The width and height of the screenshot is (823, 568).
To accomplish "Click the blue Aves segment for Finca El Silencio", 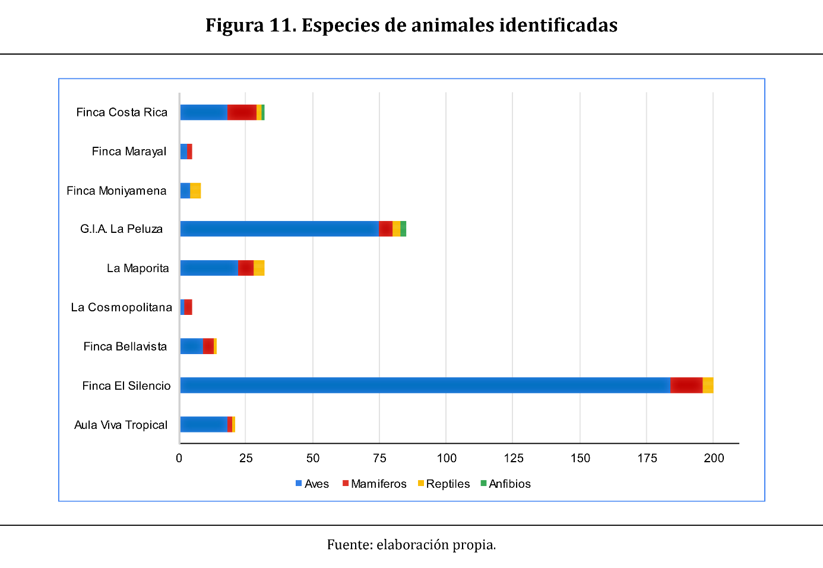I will [x=425, y=385].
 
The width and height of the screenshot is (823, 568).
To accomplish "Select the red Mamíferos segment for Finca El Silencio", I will [x=686, y=385].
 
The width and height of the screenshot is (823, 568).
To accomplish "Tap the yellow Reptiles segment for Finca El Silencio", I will [x=708, y=385].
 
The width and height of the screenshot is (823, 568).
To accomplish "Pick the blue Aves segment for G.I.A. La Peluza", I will [x=279, y=229].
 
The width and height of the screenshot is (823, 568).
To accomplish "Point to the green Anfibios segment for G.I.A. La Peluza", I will [x=403, y=229].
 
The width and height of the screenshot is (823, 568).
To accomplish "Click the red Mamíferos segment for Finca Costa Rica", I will [x=242, y=112].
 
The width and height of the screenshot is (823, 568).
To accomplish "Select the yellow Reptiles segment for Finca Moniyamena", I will [x=195, y=191].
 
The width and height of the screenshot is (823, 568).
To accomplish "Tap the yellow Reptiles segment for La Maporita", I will [x=259, y=268].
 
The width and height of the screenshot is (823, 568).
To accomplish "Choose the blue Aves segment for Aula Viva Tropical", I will [x=204, y=424].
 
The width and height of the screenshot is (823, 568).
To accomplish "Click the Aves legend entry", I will [x=312, y=484].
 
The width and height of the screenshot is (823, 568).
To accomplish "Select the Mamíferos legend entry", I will [x=375, y=484].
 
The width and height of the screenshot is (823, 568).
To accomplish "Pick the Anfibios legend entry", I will [x=505, y=484].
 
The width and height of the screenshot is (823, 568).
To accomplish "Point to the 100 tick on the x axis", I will [x=447, y=458].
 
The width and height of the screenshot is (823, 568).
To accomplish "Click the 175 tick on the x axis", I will [x=647, y=458].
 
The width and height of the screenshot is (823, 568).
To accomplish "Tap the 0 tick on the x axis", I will [x=179, y=458].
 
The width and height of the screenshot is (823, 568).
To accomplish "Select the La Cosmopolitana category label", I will [x=122, y=307].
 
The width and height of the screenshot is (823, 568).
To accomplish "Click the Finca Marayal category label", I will [x=129, y=152].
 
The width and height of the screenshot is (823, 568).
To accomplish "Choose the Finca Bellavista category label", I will [x=125, y=346].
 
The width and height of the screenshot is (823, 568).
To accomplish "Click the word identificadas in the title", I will [x=558, y=25].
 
